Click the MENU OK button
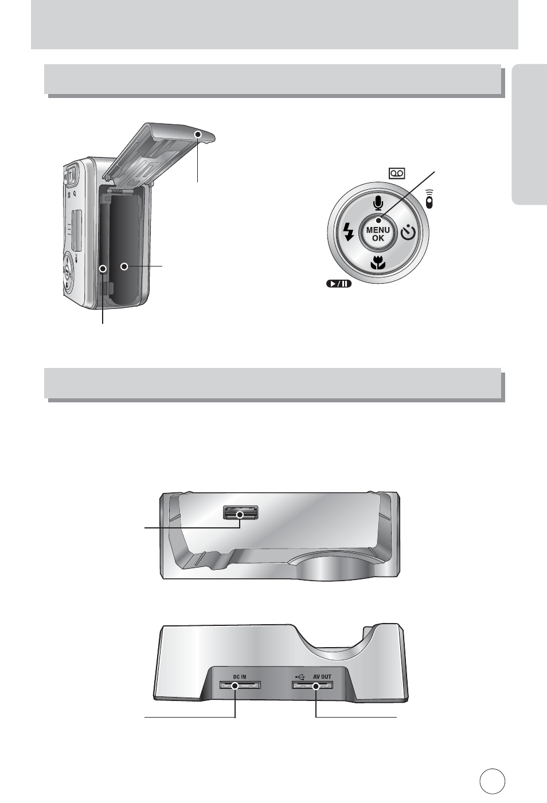tap(378, 234)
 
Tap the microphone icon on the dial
tap(378, 203)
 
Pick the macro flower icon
tap(378, 263)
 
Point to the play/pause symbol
tap(339, 284)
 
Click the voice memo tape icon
tap(397, 174)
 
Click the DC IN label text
tap(240, 676)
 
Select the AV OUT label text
tap(322, 676)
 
